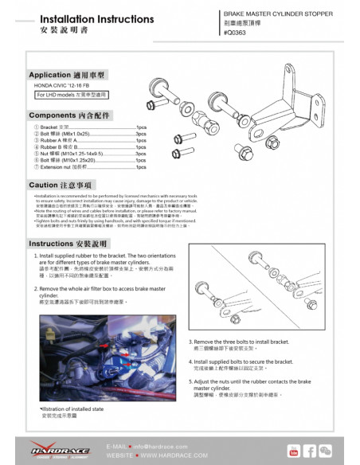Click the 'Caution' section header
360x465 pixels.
click(55, 185)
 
